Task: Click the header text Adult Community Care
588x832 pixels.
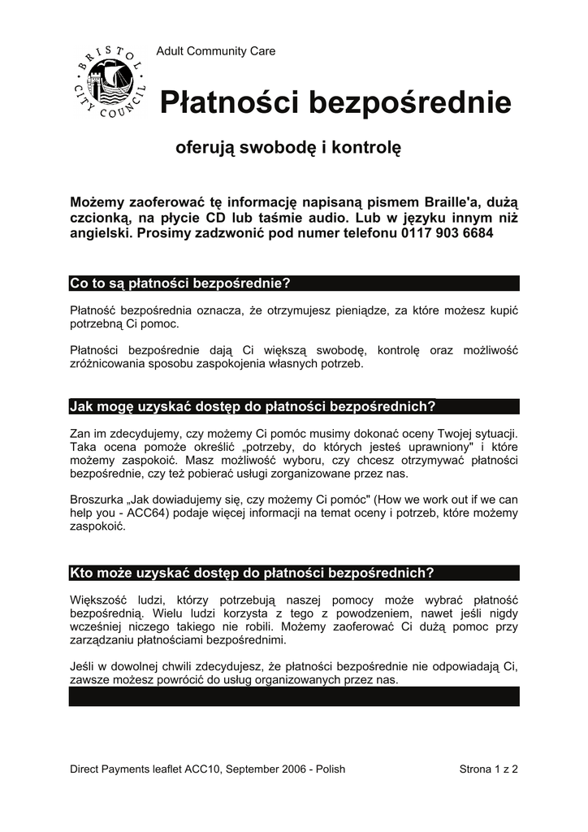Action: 215,51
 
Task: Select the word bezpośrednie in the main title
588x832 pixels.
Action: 408,103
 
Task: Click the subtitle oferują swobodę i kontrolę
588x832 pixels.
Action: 288,149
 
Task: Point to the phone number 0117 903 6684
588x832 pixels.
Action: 446,233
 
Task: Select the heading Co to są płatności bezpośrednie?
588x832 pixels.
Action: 180,284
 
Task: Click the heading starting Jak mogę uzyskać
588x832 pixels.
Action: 253,406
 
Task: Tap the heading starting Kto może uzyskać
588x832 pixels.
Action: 252,573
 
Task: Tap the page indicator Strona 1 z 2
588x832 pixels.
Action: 489,769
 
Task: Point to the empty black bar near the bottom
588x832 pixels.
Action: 293,696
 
